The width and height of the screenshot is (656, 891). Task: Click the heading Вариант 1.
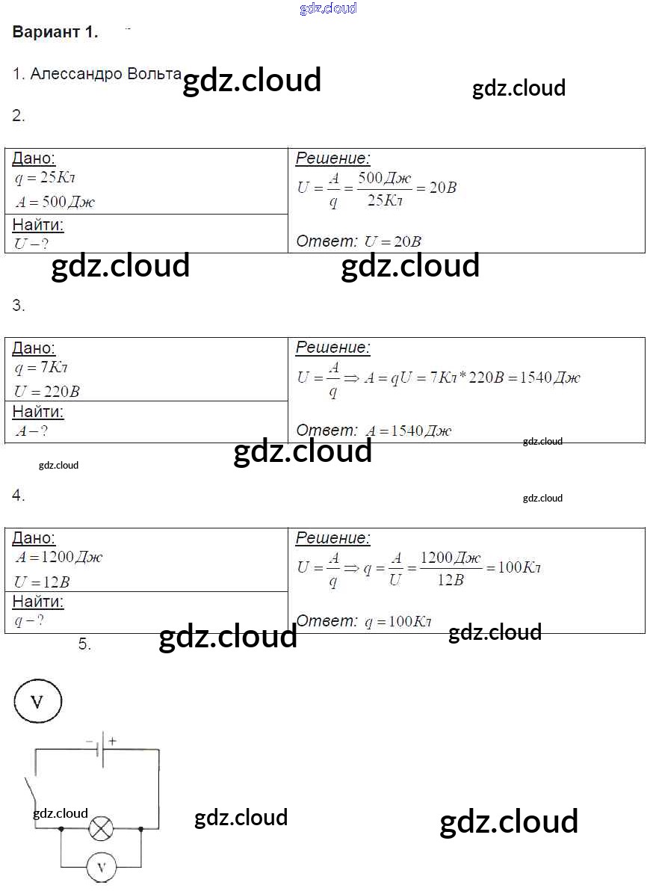click(x=55, y=32)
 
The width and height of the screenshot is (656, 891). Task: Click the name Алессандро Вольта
click(x=96, y=74)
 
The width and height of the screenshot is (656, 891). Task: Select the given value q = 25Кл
click(x=46, y=179)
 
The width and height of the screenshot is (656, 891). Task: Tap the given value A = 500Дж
click(x=55, y=202)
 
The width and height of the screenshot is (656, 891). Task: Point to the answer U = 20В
click(x=392, y=241)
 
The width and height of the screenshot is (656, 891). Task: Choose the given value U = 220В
click(x=47, y=391)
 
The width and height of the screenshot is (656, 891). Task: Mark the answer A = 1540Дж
click(x=408, y=431)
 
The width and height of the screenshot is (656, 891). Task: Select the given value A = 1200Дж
click(x=59, y=557)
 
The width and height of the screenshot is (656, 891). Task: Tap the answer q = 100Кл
click(x=397, y=621)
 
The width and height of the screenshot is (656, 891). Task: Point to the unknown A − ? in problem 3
click(x=32, y=431)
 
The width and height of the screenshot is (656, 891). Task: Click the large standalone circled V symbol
click(x=37, y=701)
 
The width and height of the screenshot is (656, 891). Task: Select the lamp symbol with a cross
click(x=101, y=828)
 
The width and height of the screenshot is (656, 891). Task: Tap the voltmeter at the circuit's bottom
click(x=101, y=869)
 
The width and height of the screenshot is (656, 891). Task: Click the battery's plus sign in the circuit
click(x=113, y=742)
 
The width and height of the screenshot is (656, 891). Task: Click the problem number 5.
click(x=84, y=644)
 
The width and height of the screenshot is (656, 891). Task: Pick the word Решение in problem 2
click(x=332, y=158)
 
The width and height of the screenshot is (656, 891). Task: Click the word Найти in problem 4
click(x=38, y=602)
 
